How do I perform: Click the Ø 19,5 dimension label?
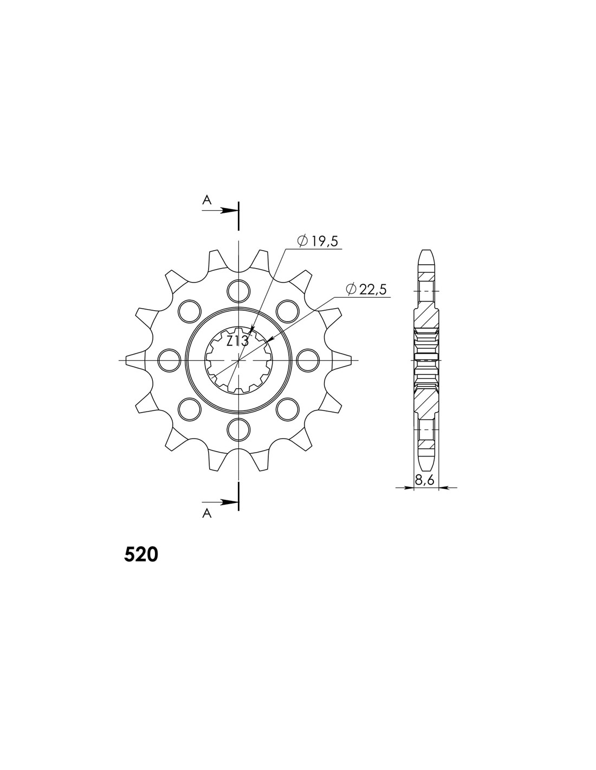click(x=318, y=242)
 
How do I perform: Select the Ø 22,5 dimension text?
click(x=366, y=290)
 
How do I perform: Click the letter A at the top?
click(x=206, y=200)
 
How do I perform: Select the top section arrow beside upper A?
click(x=220, y=211)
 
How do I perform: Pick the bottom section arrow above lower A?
click(x=220, y=502)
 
